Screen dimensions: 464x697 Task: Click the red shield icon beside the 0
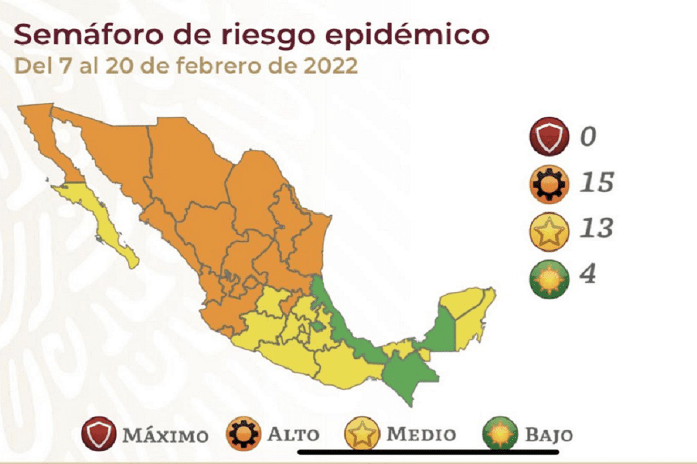(x=547, y=137)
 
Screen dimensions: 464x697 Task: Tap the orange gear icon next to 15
(x=547, y=183)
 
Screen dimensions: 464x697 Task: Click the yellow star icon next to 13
(x=547, y=230)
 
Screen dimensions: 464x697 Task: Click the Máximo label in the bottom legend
(x=165, y=435)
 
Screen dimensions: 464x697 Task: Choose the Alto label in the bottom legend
(x=293, y=434)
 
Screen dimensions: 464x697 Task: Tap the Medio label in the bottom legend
(x=421, y=434)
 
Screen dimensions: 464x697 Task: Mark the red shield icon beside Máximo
(x=100, y=434)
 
